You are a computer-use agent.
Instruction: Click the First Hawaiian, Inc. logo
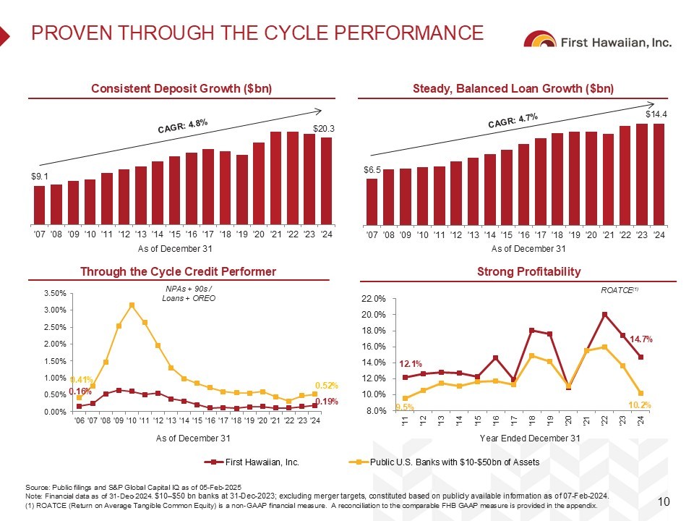599,41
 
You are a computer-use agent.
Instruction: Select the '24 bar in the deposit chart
326,181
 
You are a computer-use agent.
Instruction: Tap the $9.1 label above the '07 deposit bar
40,176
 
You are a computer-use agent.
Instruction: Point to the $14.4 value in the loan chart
655,114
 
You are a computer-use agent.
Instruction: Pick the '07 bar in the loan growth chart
372,201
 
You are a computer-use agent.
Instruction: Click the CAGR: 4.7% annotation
513,119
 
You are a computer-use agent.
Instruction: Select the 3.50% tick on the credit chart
56,293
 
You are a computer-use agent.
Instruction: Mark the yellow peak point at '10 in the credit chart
132,305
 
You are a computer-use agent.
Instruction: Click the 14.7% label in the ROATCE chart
641,339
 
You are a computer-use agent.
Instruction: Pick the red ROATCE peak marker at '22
604,314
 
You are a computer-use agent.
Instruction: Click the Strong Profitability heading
528,271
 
